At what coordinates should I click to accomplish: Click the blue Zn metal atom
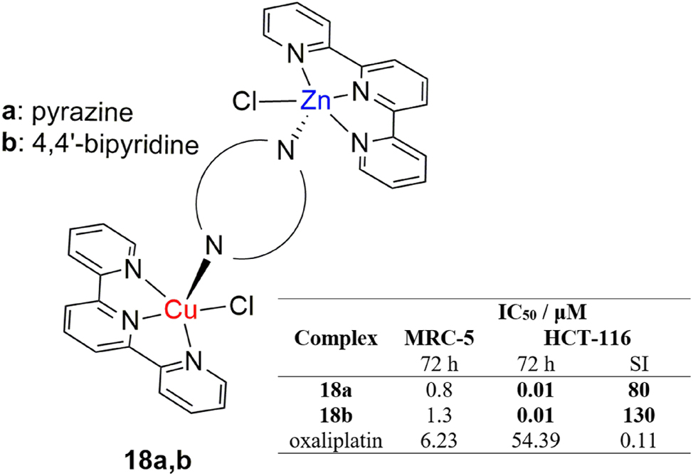tap(314, 102)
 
